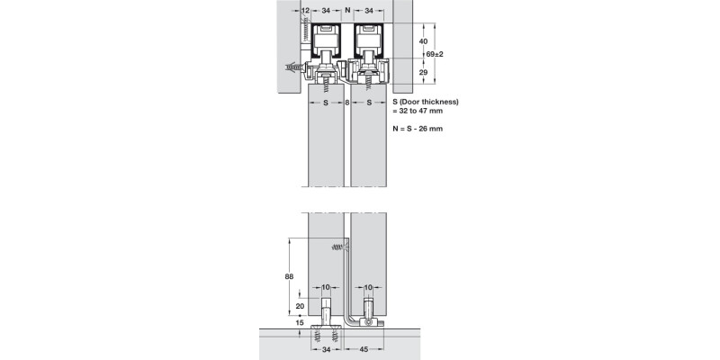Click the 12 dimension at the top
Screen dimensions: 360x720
[306, 10]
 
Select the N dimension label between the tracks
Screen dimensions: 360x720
[347, 10]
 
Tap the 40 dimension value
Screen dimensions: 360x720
[422, 41]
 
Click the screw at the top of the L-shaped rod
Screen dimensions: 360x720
[339, 245]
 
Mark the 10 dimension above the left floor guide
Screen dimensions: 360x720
[327, 287]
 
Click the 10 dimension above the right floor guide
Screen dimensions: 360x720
[368, 287]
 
